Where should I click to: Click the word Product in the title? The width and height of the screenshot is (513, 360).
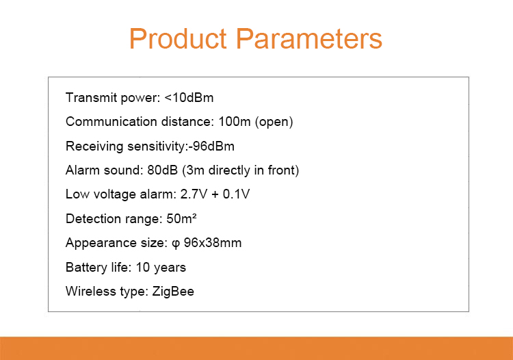[x=178, y=38]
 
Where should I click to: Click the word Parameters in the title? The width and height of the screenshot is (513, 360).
[x=309, y=38]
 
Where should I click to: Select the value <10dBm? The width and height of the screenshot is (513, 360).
[x=189, y=97]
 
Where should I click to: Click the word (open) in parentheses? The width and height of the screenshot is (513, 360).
[x=274, y=122]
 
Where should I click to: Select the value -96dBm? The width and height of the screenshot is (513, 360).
[x=211, y=146]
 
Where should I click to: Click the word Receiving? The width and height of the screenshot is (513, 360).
[x=94, y=146]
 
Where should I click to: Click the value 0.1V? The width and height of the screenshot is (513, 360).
[x=236, y=194]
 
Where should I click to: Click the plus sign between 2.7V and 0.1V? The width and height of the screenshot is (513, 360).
[x=215, y=195]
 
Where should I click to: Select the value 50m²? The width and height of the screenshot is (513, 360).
[x=181, y=218]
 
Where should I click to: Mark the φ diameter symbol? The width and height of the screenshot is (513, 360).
[x=176, y=244]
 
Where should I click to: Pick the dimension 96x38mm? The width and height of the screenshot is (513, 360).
[x=213, y=243]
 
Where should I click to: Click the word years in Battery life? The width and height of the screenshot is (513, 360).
[x=170, y=268]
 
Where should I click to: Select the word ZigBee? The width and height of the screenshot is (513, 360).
[x=173, y=292]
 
